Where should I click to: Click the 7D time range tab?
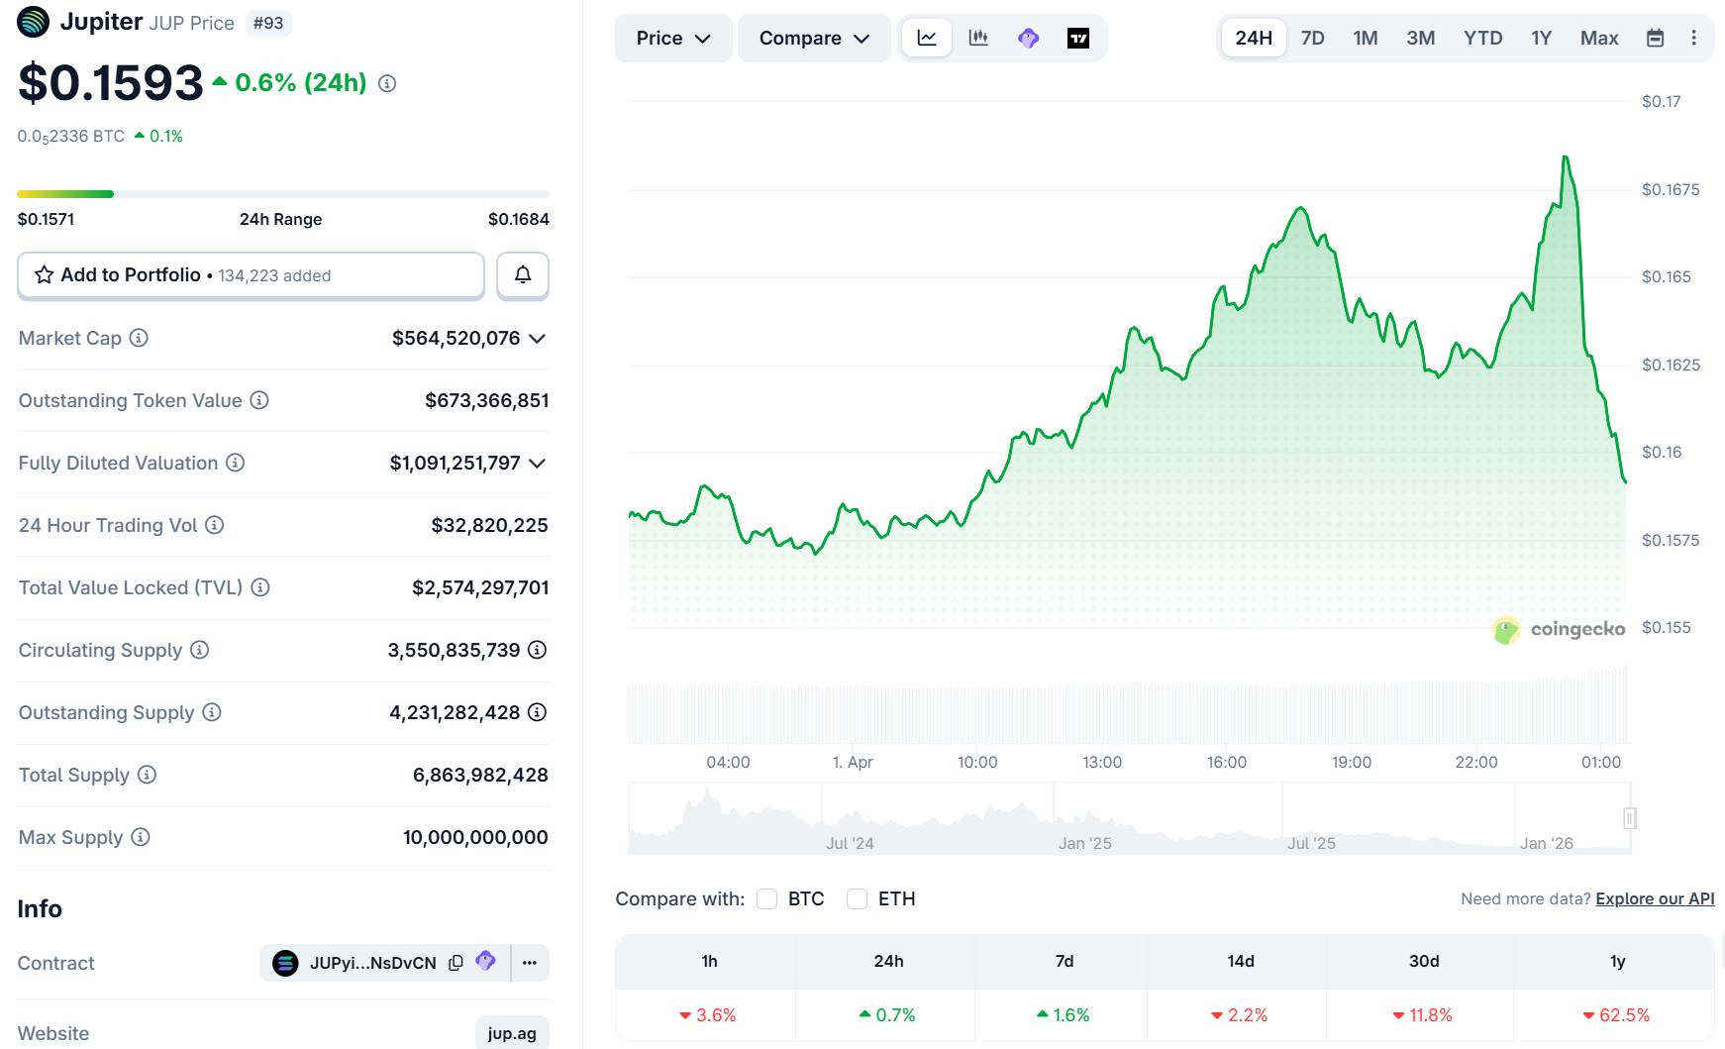coord(1312,38)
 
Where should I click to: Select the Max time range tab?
coord(1598,38)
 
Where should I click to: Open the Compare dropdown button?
coord(813,38)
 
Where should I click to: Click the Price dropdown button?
coord(672,38)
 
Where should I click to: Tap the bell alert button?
coord(522,275)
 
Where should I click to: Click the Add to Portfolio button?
coord(250,275)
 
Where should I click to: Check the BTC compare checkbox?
coord(767,898)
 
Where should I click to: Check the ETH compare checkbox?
coord(858,898)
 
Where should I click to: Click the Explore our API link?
coord(1655,898)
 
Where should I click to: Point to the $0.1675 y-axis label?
coord(1670,189)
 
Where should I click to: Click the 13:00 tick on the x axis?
coord(1101,762)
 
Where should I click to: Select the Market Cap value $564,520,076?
coord(456,338)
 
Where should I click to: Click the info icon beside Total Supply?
coord(147,775)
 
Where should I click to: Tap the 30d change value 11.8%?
coord(1423,1015)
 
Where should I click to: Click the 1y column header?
coord(1617,961)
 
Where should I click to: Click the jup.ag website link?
coord(512,1033)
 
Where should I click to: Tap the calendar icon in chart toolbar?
coord(1655,38)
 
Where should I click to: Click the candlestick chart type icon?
coord(978,38)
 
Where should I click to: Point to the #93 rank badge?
coord(267,22)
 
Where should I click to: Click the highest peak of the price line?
coord(1566,157)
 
